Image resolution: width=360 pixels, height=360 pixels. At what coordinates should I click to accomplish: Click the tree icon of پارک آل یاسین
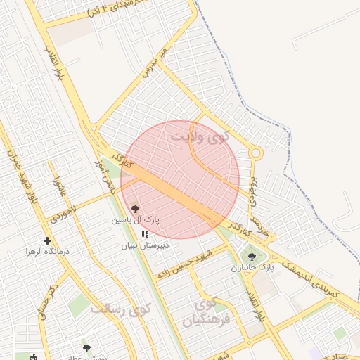click(135, 208)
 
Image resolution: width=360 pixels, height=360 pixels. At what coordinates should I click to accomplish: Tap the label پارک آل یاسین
click(135, 220)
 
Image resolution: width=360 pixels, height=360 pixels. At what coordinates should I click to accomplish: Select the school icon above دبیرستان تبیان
click(145, 234)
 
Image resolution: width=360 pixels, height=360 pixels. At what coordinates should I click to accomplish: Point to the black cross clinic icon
click(47, 240)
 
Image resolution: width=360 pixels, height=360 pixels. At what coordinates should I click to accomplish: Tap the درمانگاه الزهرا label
click(48, 251)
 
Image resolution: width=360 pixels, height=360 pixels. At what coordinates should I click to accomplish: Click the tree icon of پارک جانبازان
click(252, 257)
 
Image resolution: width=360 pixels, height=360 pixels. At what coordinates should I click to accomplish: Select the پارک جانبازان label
click(251, 268)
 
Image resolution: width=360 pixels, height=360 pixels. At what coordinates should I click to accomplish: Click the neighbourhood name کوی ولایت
click(201, 134)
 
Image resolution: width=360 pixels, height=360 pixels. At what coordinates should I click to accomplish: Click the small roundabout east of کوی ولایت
click(256, 153)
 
